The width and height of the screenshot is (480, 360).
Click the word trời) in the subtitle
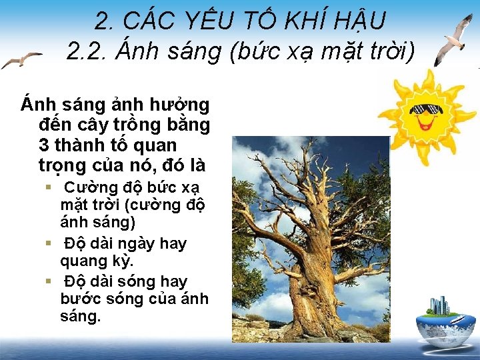387,51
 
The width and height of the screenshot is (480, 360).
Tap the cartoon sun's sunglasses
424,109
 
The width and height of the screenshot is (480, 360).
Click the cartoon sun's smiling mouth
425,123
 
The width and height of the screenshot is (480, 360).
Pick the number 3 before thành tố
45,145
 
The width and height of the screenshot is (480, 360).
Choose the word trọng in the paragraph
63,165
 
